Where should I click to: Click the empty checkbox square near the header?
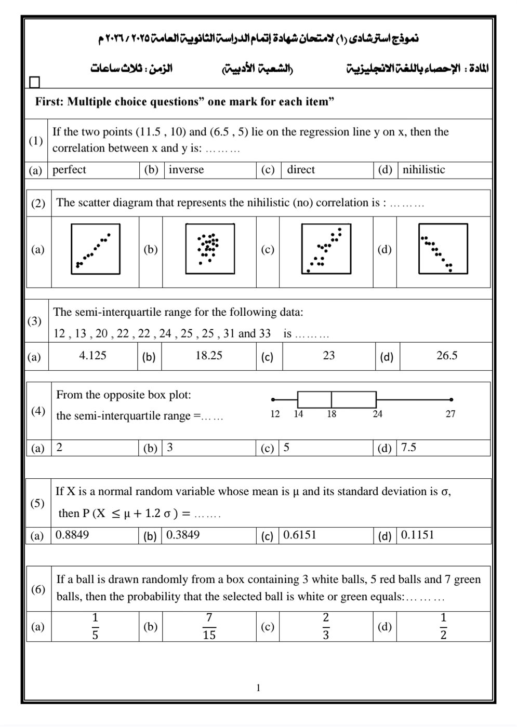34,82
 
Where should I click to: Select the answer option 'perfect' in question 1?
69,170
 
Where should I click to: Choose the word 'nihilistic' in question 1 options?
423,170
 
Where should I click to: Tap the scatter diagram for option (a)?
96,249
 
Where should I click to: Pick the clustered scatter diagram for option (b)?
210,249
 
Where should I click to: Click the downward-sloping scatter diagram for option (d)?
443,249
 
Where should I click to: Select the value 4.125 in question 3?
92,356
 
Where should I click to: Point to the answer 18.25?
209,356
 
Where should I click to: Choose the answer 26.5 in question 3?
447,356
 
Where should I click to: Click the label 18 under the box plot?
332,414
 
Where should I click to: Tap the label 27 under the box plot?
450,414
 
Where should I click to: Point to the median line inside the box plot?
332,399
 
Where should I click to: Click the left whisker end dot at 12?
273,399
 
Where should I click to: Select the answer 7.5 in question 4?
408,448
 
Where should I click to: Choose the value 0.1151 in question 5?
417,535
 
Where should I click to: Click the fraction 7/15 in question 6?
209,626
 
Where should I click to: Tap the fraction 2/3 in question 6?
326,626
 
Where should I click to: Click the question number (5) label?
37,503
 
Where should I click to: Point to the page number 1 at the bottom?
258,689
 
